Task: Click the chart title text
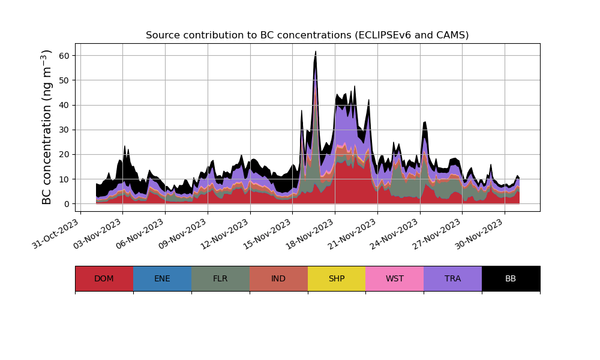(307, 35)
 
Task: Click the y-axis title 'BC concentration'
(47, 127)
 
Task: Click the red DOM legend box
(104, 278)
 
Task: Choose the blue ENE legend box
(162, 278)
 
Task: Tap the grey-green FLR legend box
(220, 278)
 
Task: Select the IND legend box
(278, 278)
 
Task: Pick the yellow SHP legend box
(337, 278)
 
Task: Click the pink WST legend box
(395, 278)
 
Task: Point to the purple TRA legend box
(453, 278)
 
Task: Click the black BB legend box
(511, 278)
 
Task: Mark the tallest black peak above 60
(316, 53)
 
